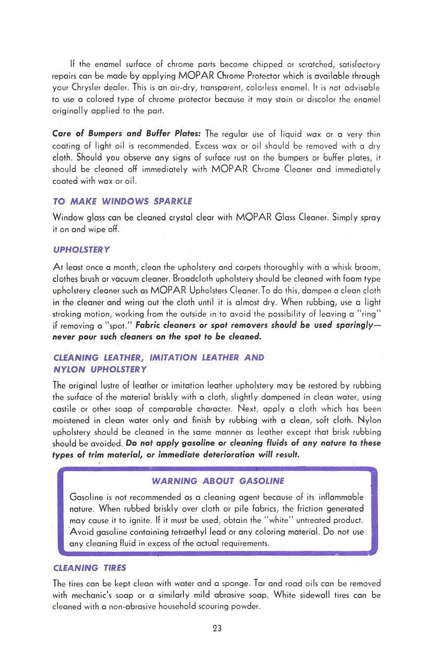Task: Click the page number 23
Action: click(217, 628)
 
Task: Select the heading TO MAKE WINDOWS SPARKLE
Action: click(122, 201)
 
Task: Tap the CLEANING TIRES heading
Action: click(89, 568)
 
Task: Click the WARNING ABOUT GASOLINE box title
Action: click(217, 481)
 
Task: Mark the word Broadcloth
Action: click(226, 278)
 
